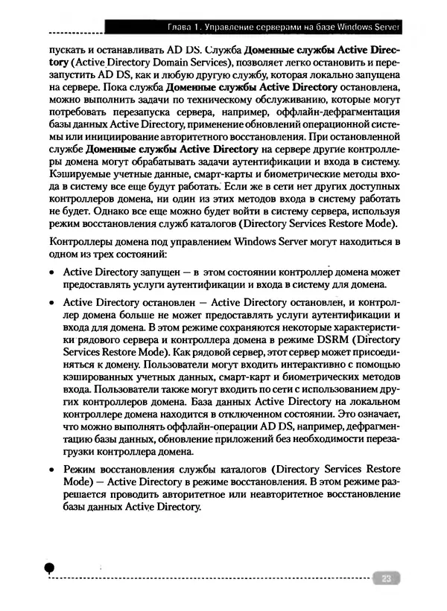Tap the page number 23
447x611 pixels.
click(385, 578)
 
